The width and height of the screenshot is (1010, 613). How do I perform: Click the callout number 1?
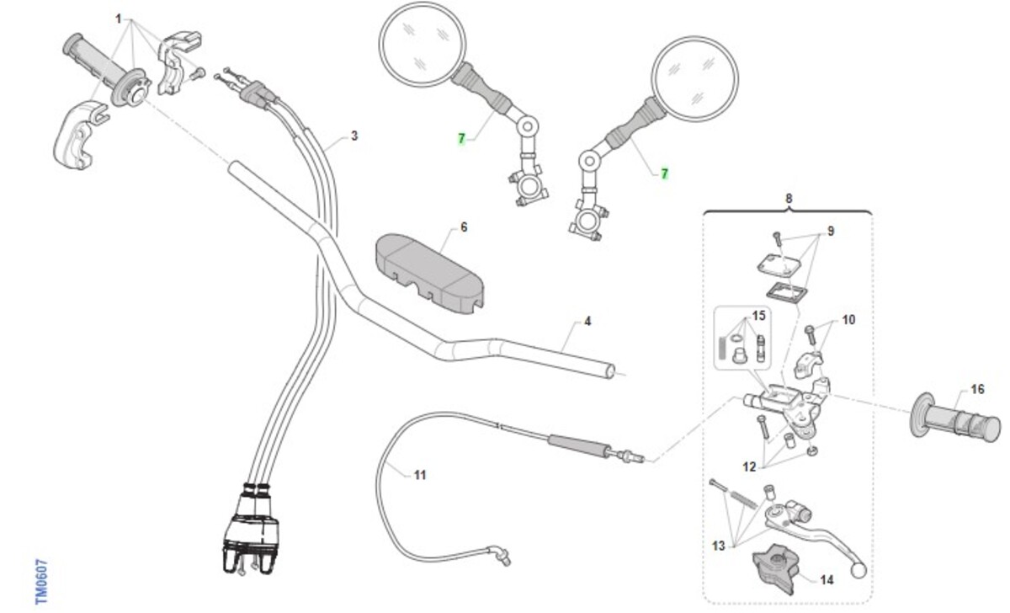tap(119, 18)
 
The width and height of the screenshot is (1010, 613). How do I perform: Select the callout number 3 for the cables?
tap(354, 136)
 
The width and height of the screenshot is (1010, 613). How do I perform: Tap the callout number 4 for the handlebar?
tap(587, 322)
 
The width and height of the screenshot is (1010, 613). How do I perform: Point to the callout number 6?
tap(463, 227)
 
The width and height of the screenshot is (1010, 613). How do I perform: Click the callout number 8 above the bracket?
tap(789, 199)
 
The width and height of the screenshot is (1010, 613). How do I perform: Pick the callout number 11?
tap(420, 475)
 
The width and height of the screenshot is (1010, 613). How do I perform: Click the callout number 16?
tap(976, 389)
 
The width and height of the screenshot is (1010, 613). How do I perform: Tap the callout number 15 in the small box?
tap(758, 316)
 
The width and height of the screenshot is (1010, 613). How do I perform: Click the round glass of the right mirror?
tap(696, 78)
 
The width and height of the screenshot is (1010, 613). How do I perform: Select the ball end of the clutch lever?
tap(859, 572)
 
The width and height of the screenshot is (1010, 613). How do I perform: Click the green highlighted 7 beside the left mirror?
tap(461, 140)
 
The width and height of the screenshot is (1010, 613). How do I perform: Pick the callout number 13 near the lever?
tap(718, 546)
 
